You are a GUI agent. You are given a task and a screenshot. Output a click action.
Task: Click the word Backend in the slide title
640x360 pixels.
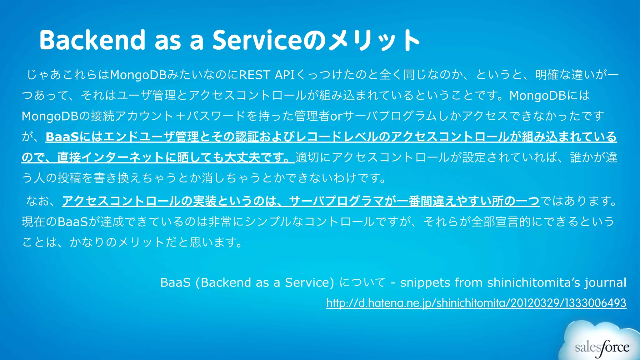click(92, 40)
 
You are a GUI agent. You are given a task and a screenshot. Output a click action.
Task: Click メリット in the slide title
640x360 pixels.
click(372, 40)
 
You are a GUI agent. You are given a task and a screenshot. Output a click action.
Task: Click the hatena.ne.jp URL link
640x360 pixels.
click(476, 303)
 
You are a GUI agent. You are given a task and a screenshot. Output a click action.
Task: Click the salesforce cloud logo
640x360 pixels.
click(602, 344)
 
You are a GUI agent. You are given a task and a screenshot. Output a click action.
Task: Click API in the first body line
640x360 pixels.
click(285, 75)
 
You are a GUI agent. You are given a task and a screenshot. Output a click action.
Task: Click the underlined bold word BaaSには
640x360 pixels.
click(74, 137)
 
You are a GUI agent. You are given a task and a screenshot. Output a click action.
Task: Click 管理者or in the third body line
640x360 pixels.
click(318, 116)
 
